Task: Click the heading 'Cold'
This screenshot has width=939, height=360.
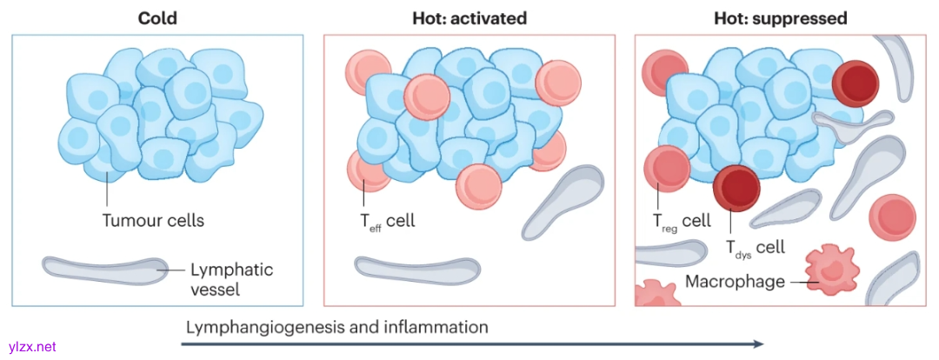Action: click(156, 17)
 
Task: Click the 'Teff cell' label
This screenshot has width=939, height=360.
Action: click(388, 221)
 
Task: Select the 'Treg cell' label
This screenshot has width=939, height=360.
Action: click(682, 221)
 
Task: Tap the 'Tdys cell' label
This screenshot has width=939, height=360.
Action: click(755, 248)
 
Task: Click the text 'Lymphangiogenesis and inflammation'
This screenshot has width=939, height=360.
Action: click(336, 328)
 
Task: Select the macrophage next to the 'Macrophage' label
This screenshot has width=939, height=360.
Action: click(827, 269)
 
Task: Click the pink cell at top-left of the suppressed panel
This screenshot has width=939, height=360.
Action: click(664, 69)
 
